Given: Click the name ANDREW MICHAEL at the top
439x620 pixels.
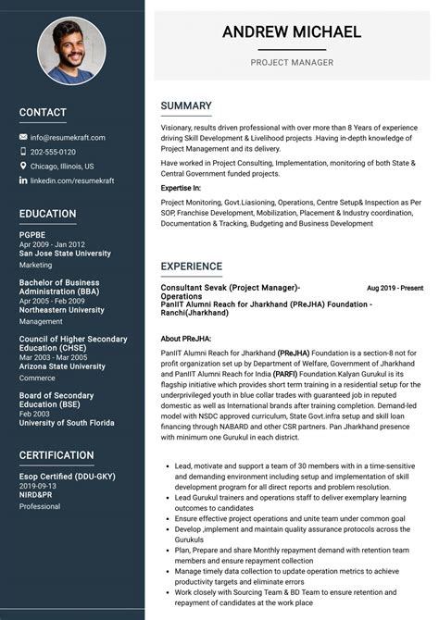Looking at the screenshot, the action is click(x=292, y=32).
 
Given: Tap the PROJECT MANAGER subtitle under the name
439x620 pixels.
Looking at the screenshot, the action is click(x=292, y=63).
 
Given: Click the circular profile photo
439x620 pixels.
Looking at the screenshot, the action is click(x=71, y=50).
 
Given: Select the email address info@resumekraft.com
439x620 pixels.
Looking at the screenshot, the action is click(x=68, y=138).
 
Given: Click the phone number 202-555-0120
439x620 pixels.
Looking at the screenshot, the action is click(x=53, y=152).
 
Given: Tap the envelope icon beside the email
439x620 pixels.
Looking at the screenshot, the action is click(x=23, y=138).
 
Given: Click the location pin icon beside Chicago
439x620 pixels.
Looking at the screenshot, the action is click(x=23, y=167).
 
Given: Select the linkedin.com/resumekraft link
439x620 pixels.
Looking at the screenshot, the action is click(x=72, y=180).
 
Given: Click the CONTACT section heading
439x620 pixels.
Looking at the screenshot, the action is click(x=43, y=113).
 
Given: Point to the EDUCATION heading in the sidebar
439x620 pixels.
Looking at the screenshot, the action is click(x=48, y=214).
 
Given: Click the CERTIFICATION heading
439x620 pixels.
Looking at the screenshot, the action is click(x=56, y=455).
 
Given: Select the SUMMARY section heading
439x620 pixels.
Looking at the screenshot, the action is click(x=186, y=106).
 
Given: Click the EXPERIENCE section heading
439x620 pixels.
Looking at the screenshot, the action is click(x=192, y=267).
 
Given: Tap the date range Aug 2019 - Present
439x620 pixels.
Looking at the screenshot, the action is click(x=395, y=289).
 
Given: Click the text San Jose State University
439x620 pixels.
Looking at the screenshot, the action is click(x=65, y=253).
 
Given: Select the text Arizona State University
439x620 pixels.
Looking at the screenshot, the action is click(x=62, y=366).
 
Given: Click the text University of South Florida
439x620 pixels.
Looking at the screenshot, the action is click(x=66, y=423).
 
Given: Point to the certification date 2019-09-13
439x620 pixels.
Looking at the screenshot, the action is click(x=38, y=485).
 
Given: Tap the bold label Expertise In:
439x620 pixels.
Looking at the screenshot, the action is click(x=181, y=188).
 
